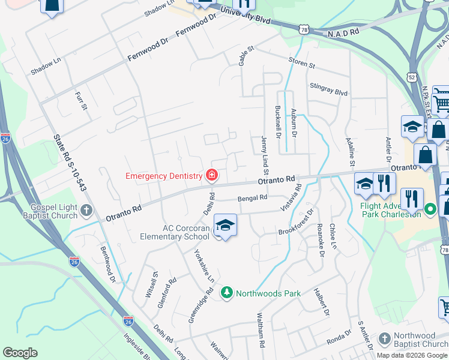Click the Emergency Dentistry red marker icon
(211, 176)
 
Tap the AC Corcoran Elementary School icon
(225, 226)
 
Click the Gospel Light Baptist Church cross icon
(87, 211)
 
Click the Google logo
(20, 353)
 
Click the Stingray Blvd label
(329, 89)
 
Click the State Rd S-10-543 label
(71, 163)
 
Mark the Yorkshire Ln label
(204, 266)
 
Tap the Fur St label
(81, 100)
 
